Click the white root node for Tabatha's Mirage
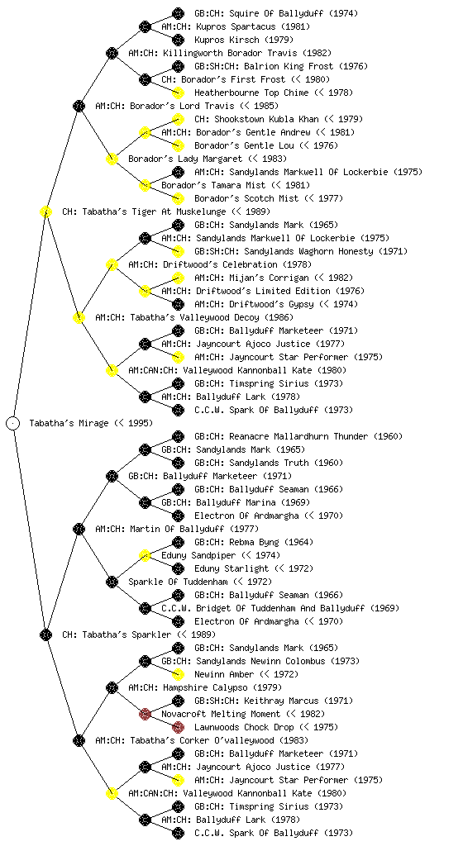(x=13, y=423)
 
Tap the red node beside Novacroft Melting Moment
(x=145, y=714)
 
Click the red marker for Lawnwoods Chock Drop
(x=178, y=727)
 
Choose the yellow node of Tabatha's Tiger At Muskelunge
(x=45, y=211)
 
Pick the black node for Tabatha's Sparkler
(x=45, y=634)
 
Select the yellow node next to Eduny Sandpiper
(x=145, y=555)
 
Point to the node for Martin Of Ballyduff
(x=79, y=529)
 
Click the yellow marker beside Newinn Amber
(x=178, y=674)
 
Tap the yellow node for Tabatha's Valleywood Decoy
(x=79, y=317)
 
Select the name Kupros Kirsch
(x=244, y=40)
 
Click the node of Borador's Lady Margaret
(x=112, y=159)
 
